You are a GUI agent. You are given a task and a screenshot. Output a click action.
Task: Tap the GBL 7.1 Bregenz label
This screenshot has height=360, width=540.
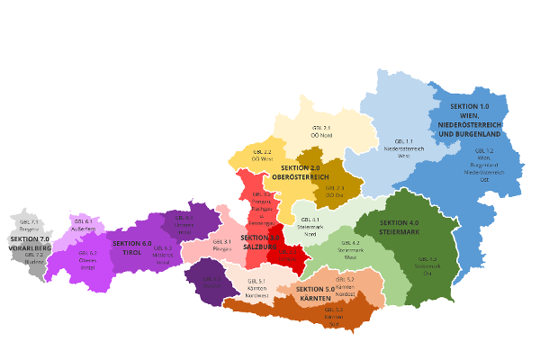tap(28, 225)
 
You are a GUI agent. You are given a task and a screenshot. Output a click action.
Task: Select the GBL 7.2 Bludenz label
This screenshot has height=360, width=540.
tap(34, 259)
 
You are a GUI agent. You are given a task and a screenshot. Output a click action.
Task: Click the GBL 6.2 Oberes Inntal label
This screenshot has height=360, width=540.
tap(87, 257)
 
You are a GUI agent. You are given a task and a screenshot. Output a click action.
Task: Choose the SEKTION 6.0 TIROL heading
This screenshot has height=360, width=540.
tap(132, 247)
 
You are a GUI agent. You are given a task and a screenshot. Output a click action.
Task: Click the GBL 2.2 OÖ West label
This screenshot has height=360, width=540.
tap(261, 156)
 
